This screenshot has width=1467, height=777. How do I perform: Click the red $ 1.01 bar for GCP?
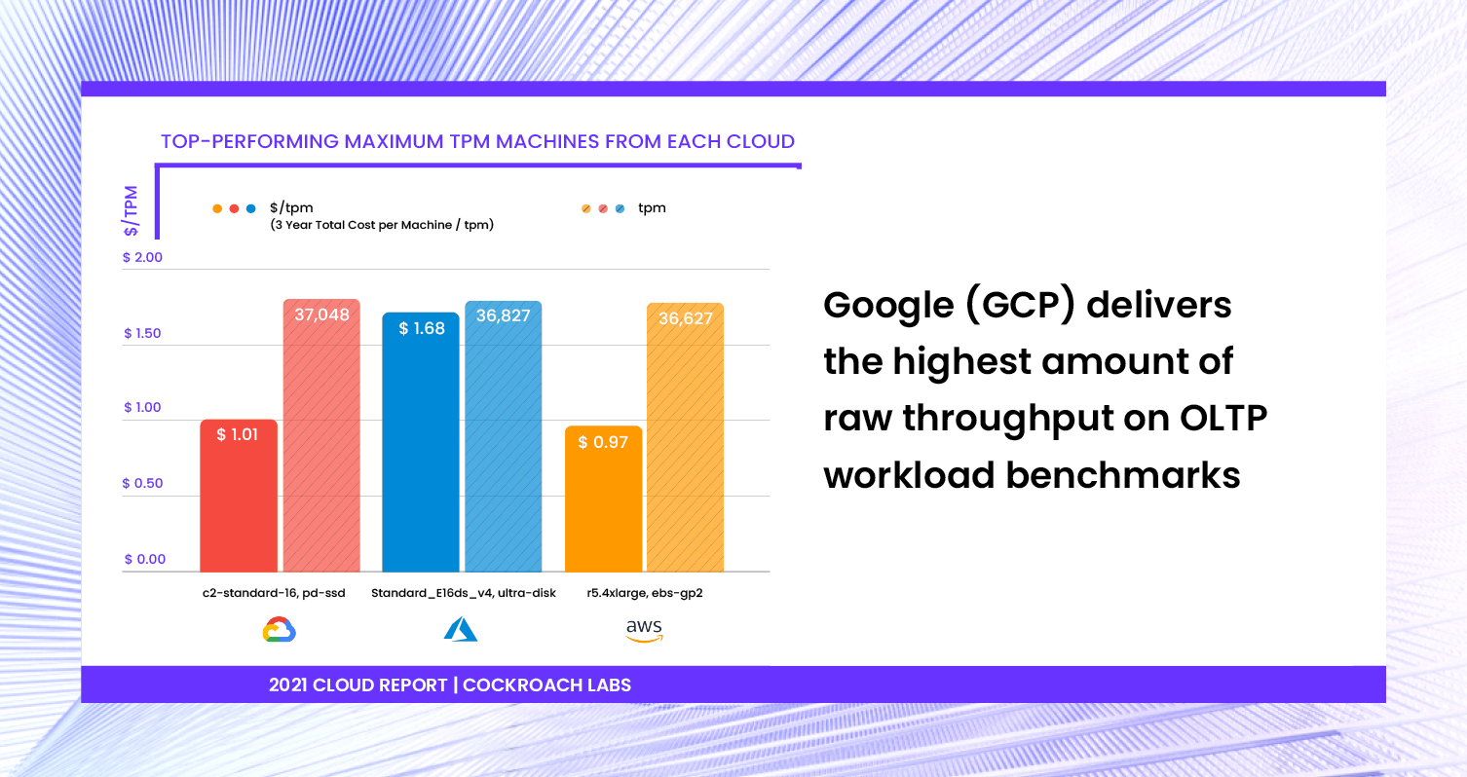(x=239, y=496)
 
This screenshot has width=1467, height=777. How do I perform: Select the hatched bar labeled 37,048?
(x=321, y=435)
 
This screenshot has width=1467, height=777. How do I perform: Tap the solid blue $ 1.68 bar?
(x=421, y=442)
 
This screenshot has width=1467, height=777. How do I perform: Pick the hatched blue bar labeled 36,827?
(x=504, y=436)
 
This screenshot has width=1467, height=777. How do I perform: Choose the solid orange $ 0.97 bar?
(x=603, y=499)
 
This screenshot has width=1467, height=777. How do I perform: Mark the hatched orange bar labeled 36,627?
(x=685, y=437)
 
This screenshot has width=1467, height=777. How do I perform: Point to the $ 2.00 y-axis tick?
(x=143, y=257)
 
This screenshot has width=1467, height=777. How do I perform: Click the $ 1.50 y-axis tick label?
(x=143, y=333)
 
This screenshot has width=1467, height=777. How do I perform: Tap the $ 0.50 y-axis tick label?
(x=143, y=483)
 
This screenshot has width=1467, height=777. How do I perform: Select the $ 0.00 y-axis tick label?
(x=145, y=559)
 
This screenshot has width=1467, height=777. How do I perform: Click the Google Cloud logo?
(x=280, y=630)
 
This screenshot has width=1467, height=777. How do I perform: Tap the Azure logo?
(x=461, y=629)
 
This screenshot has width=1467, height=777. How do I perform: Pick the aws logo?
(x=645, y=630)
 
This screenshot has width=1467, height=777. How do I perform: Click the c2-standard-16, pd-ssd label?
(x=274, y=593)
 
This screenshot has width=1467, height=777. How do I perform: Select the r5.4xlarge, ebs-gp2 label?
(x=645, y=593)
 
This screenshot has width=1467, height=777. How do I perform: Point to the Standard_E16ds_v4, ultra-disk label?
(x=464, y=593)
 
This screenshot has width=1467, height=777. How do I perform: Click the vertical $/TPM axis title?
(x=131, y=210)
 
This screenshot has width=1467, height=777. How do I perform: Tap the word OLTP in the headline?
(x=1223, y=418)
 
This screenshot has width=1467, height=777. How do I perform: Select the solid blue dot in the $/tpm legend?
(x=250, y=208)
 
